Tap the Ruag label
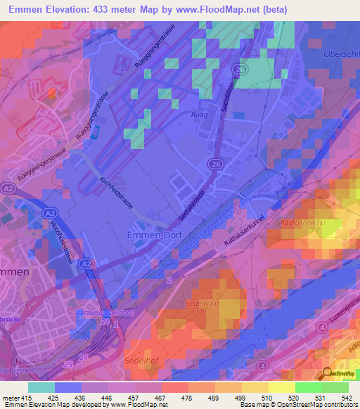click(x=200, y=112)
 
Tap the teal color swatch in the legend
click(x=41, y=387)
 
